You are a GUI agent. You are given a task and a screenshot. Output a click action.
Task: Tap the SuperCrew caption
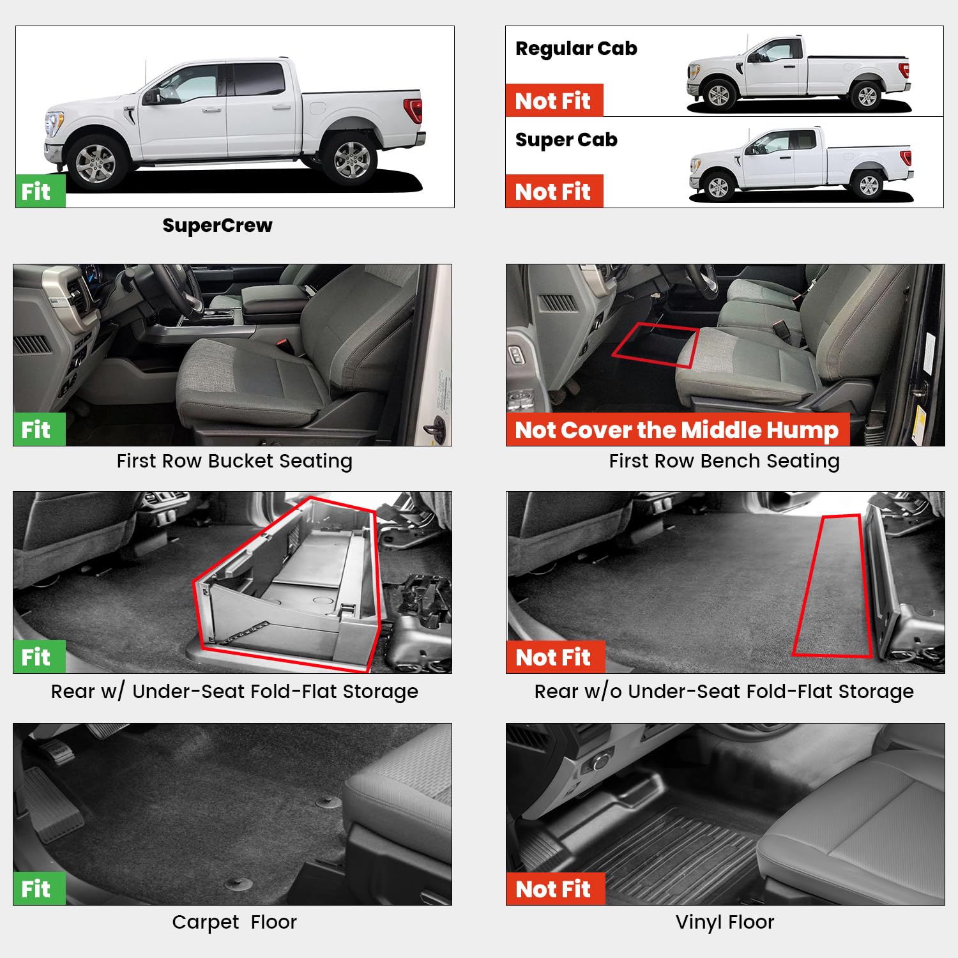click(217, 225)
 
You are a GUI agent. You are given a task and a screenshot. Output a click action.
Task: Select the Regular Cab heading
click(576, 49)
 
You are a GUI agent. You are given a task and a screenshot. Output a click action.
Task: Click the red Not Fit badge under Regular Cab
click(554, 101)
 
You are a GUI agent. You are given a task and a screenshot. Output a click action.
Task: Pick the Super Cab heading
click(566, 140)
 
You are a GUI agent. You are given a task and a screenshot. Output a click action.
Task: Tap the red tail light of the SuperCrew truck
click(414, 110)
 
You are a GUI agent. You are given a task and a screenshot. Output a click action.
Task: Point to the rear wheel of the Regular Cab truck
click(867, 96)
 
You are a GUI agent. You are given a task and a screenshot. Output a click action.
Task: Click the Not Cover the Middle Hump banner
click(677, 430)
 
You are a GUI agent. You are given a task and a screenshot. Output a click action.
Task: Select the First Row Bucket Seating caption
click(234, 461)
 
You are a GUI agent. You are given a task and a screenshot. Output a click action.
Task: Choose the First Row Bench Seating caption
click(724, 461)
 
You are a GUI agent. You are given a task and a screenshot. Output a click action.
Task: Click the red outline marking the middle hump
click(656, 346)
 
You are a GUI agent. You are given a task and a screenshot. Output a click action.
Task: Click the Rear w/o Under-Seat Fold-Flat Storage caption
click(724, 692)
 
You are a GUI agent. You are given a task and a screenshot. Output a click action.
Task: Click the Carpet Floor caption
click(234, 922)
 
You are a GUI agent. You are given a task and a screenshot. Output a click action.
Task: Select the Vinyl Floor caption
click(725, 922)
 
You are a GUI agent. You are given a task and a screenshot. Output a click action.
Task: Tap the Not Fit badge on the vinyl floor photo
click(554, 889)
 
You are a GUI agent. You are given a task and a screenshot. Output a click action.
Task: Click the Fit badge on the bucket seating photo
click(38, 430)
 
